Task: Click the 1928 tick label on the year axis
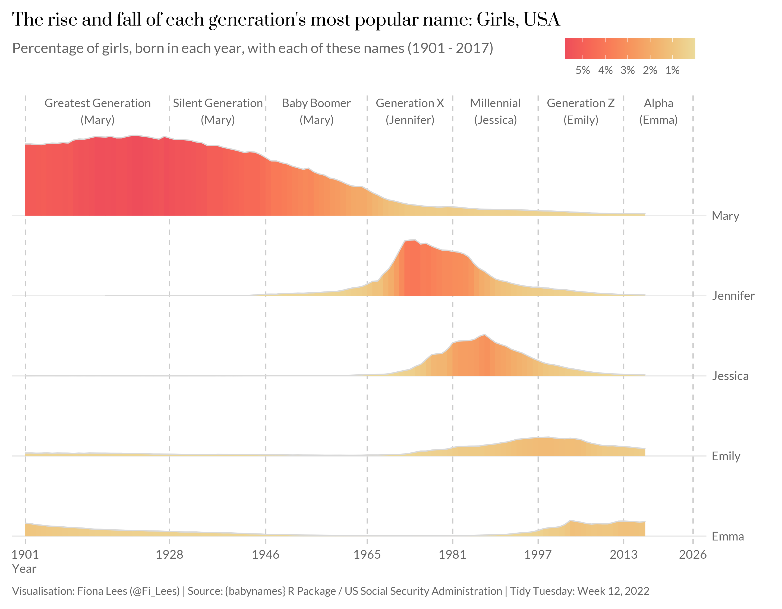[169, 555]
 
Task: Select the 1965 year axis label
[367, 555]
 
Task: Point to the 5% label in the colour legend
[582, 70]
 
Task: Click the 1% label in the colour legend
[672, 70]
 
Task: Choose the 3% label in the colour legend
[627, 70]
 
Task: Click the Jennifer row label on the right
[733, 296]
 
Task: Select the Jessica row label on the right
[730, 376]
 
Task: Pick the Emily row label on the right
[726, 456]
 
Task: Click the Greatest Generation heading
[97, 103]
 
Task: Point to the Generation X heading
[410, 103]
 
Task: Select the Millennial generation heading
[495, 103]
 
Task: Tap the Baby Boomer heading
[316, 103]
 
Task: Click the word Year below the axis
[24, 569]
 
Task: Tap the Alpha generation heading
[658, 103]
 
